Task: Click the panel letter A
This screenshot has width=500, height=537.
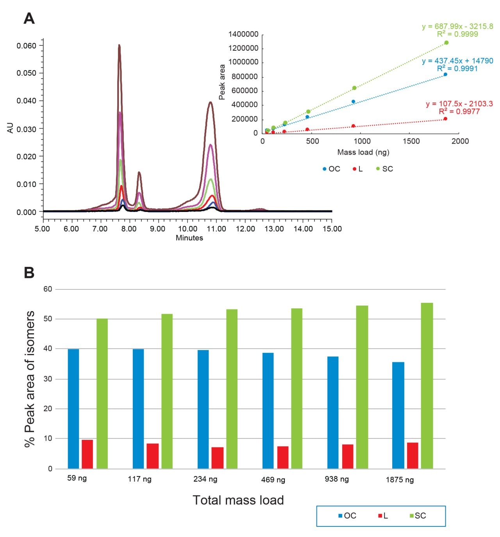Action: click(29, 18)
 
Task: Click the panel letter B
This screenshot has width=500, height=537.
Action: click(29, 272)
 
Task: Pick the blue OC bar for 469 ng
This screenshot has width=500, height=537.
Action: click(268, 411)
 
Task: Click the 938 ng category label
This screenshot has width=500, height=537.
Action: click(336, 479)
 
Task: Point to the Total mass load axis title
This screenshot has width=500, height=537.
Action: click(238, 500)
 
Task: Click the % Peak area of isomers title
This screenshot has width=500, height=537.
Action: click(30, 379)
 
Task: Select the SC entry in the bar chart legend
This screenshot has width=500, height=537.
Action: click(417, 516)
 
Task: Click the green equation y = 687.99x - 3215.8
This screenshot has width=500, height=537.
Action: click(457, 27)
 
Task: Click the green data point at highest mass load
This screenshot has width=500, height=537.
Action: click(446, 43)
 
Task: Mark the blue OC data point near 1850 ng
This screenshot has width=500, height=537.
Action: click(445, 74)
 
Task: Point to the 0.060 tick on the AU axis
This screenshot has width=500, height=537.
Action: click(26, 46)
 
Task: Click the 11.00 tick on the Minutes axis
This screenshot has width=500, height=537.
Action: click(216, 229)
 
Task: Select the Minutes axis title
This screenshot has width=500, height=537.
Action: click(189, 238)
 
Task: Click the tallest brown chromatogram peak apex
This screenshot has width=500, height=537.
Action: click(119, 45)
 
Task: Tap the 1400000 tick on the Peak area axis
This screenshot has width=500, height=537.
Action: click(243, 34)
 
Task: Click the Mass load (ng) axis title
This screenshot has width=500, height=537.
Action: click(363, 152)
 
